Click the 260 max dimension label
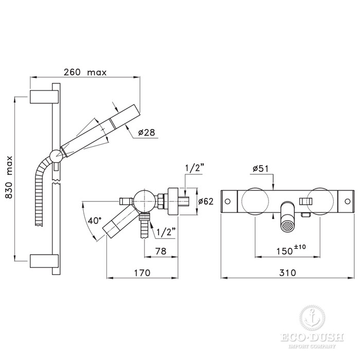(x=85, y=73)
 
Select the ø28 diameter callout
(x=147, y=133)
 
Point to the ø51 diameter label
(x=261, y=168)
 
